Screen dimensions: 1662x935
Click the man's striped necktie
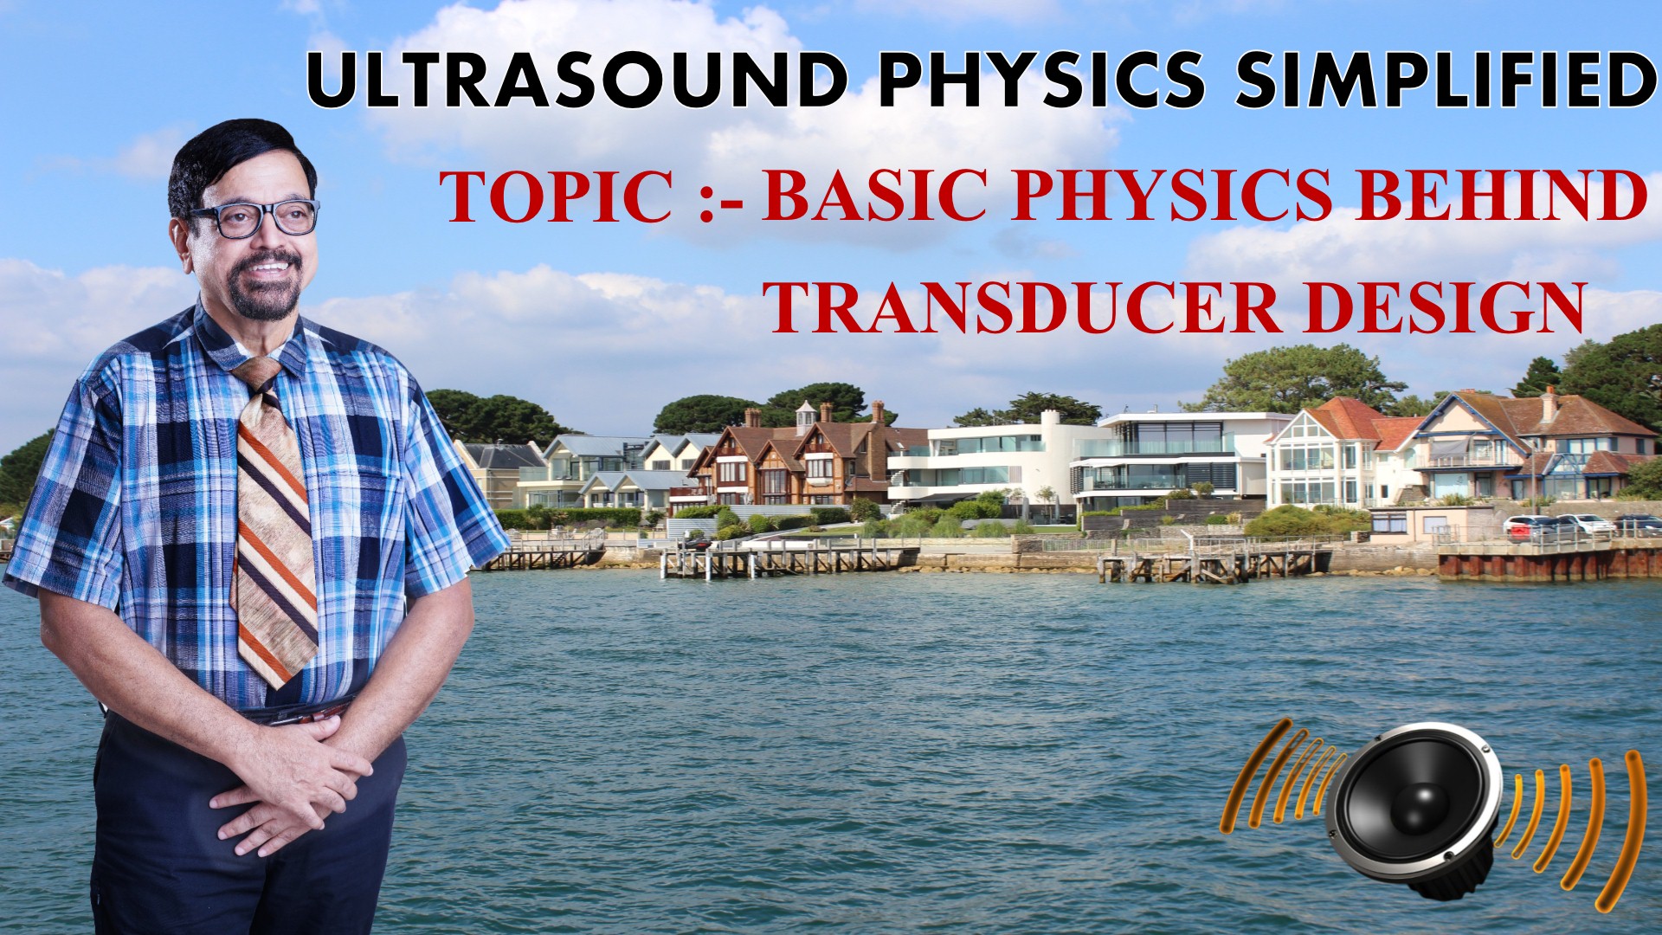pos(275,519)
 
